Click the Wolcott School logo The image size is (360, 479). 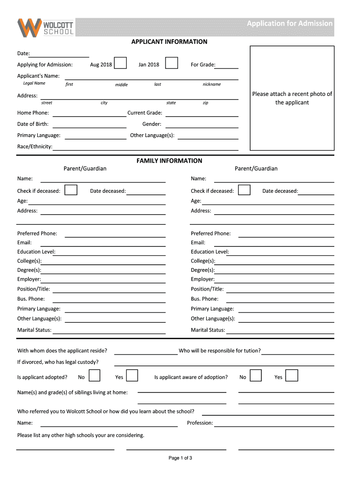click(45, 27)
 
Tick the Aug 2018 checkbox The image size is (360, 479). click(121, 63)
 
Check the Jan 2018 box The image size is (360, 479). click(172, 63)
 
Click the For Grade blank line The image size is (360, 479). click(227, 65)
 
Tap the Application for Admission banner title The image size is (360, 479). click(289, 23)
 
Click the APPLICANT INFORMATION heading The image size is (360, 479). click(169, 42)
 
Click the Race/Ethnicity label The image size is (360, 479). click(35, 147)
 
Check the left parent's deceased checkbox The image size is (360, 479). click(71, 190)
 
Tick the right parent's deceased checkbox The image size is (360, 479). click(244, 190)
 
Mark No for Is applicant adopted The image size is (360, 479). click(94, 376)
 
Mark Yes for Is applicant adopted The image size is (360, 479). click(132, 376)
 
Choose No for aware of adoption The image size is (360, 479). click(256, 376)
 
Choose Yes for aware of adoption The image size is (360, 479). click(292, 376)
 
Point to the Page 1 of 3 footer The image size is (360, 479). click(180, 458)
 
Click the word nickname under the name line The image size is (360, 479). click(212, 85)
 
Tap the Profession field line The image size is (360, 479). click(274, 424)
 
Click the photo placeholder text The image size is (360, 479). click(292, 98)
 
